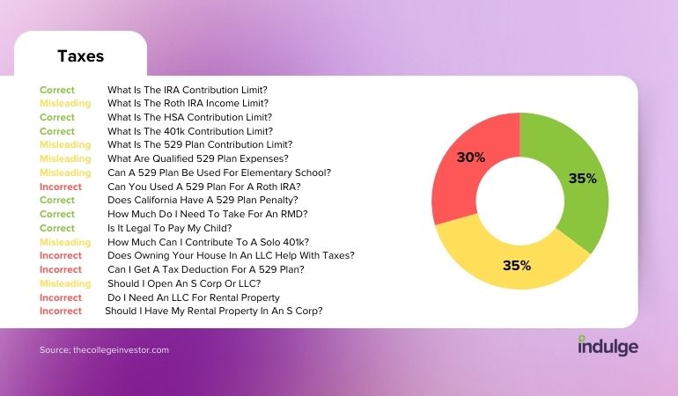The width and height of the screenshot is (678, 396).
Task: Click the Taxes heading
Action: (80, 56)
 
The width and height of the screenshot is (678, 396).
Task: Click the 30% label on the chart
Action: (471, 158)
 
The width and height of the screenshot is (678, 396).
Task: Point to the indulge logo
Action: (608, 346)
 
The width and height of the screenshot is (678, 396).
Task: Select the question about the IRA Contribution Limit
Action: (188, 90)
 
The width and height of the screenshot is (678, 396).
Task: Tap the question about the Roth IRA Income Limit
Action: (188, 103)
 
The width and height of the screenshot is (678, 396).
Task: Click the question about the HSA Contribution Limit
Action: (190, 117)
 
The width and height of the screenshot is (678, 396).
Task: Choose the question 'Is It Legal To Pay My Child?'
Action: (169, 228)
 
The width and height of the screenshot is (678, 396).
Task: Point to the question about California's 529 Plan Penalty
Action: (203, 200)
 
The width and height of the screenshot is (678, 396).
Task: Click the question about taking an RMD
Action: (208, 214)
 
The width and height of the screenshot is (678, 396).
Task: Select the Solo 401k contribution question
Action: (209, 242)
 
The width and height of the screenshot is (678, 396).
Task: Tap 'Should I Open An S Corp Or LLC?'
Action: (184, 283)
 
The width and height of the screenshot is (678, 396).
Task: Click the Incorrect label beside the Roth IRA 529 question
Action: (61, 187)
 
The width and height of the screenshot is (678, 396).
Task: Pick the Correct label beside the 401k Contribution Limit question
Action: (57, 131)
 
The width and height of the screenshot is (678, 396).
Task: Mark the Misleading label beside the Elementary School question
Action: (65, 173)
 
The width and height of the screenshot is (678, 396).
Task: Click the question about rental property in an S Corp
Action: (214, 312)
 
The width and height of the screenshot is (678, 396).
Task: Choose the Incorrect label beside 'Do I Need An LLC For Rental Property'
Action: (61, 297)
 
